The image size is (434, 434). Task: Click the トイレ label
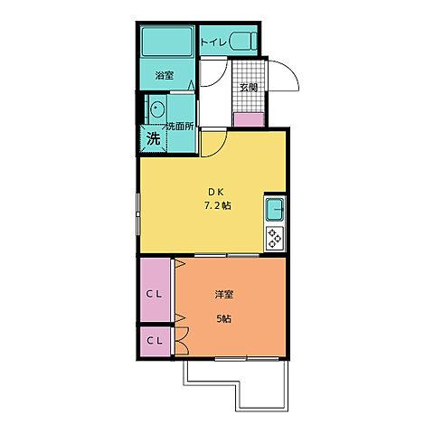pos(213,42)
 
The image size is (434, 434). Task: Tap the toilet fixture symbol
pos(243,41)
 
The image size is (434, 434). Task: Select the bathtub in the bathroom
pos(167,42)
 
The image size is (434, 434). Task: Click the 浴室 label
pos(165,75)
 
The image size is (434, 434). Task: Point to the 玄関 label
pos(249,88)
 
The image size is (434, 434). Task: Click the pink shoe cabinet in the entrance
pos(250,119)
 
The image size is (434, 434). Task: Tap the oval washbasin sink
pos(157,108)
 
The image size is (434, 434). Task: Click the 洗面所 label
pos(180,127)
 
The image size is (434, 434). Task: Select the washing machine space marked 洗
pos(154,138)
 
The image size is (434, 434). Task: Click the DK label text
pos(216,192)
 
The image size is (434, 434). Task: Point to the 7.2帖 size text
pos(218,206)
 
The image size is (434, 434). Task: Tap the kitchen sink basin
pos(274,210)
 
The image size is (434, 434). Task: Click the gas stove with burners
pos(275,238)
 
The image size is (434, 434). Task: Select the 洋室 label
pos(224,295)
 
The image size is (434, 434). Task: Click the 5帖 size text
pos(224,318)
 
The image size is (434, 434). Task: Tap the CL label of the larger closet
pos(154,295)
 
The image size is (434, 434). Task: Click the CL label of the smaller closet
pos(155,341)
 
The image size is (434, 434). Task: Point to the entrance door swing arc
pos(291,71)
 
